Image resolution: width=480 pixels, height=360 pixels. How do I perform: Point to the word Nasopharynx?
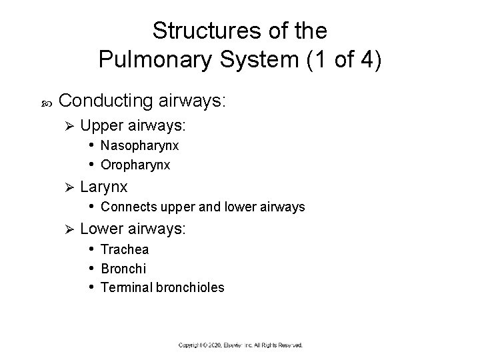pos(140,145)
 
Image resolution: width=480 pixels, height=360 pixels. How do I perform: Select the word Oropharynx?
pos(135,164)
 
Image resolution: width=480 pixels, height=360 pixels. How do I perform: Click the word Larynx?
pos(103,187)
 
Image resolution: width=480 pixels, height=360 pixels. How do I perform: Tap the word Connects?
pos(124,207)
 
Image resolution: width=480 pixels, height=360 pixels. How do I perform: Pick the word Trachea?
pos(125,249)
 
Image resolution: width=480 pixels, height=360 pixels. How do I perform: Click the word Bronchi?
pos(123,269)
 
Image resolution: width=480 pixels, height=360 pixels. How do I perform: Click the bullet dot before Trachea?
pos(91,249)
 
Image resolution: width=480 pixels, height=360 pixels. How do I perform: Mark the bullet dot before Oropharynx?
pos(91,164)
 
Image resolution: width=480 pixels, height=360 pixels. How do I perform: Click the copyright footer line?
pos(240,345)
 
